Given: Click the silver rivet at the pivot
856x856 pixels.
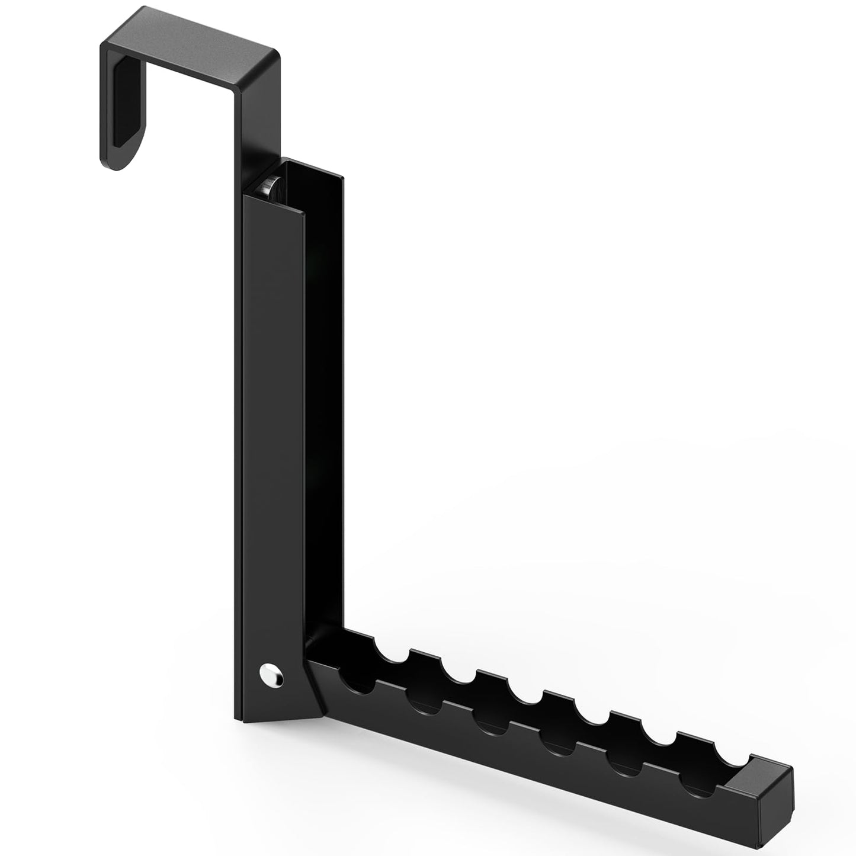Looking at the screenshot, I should (271, 675).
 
